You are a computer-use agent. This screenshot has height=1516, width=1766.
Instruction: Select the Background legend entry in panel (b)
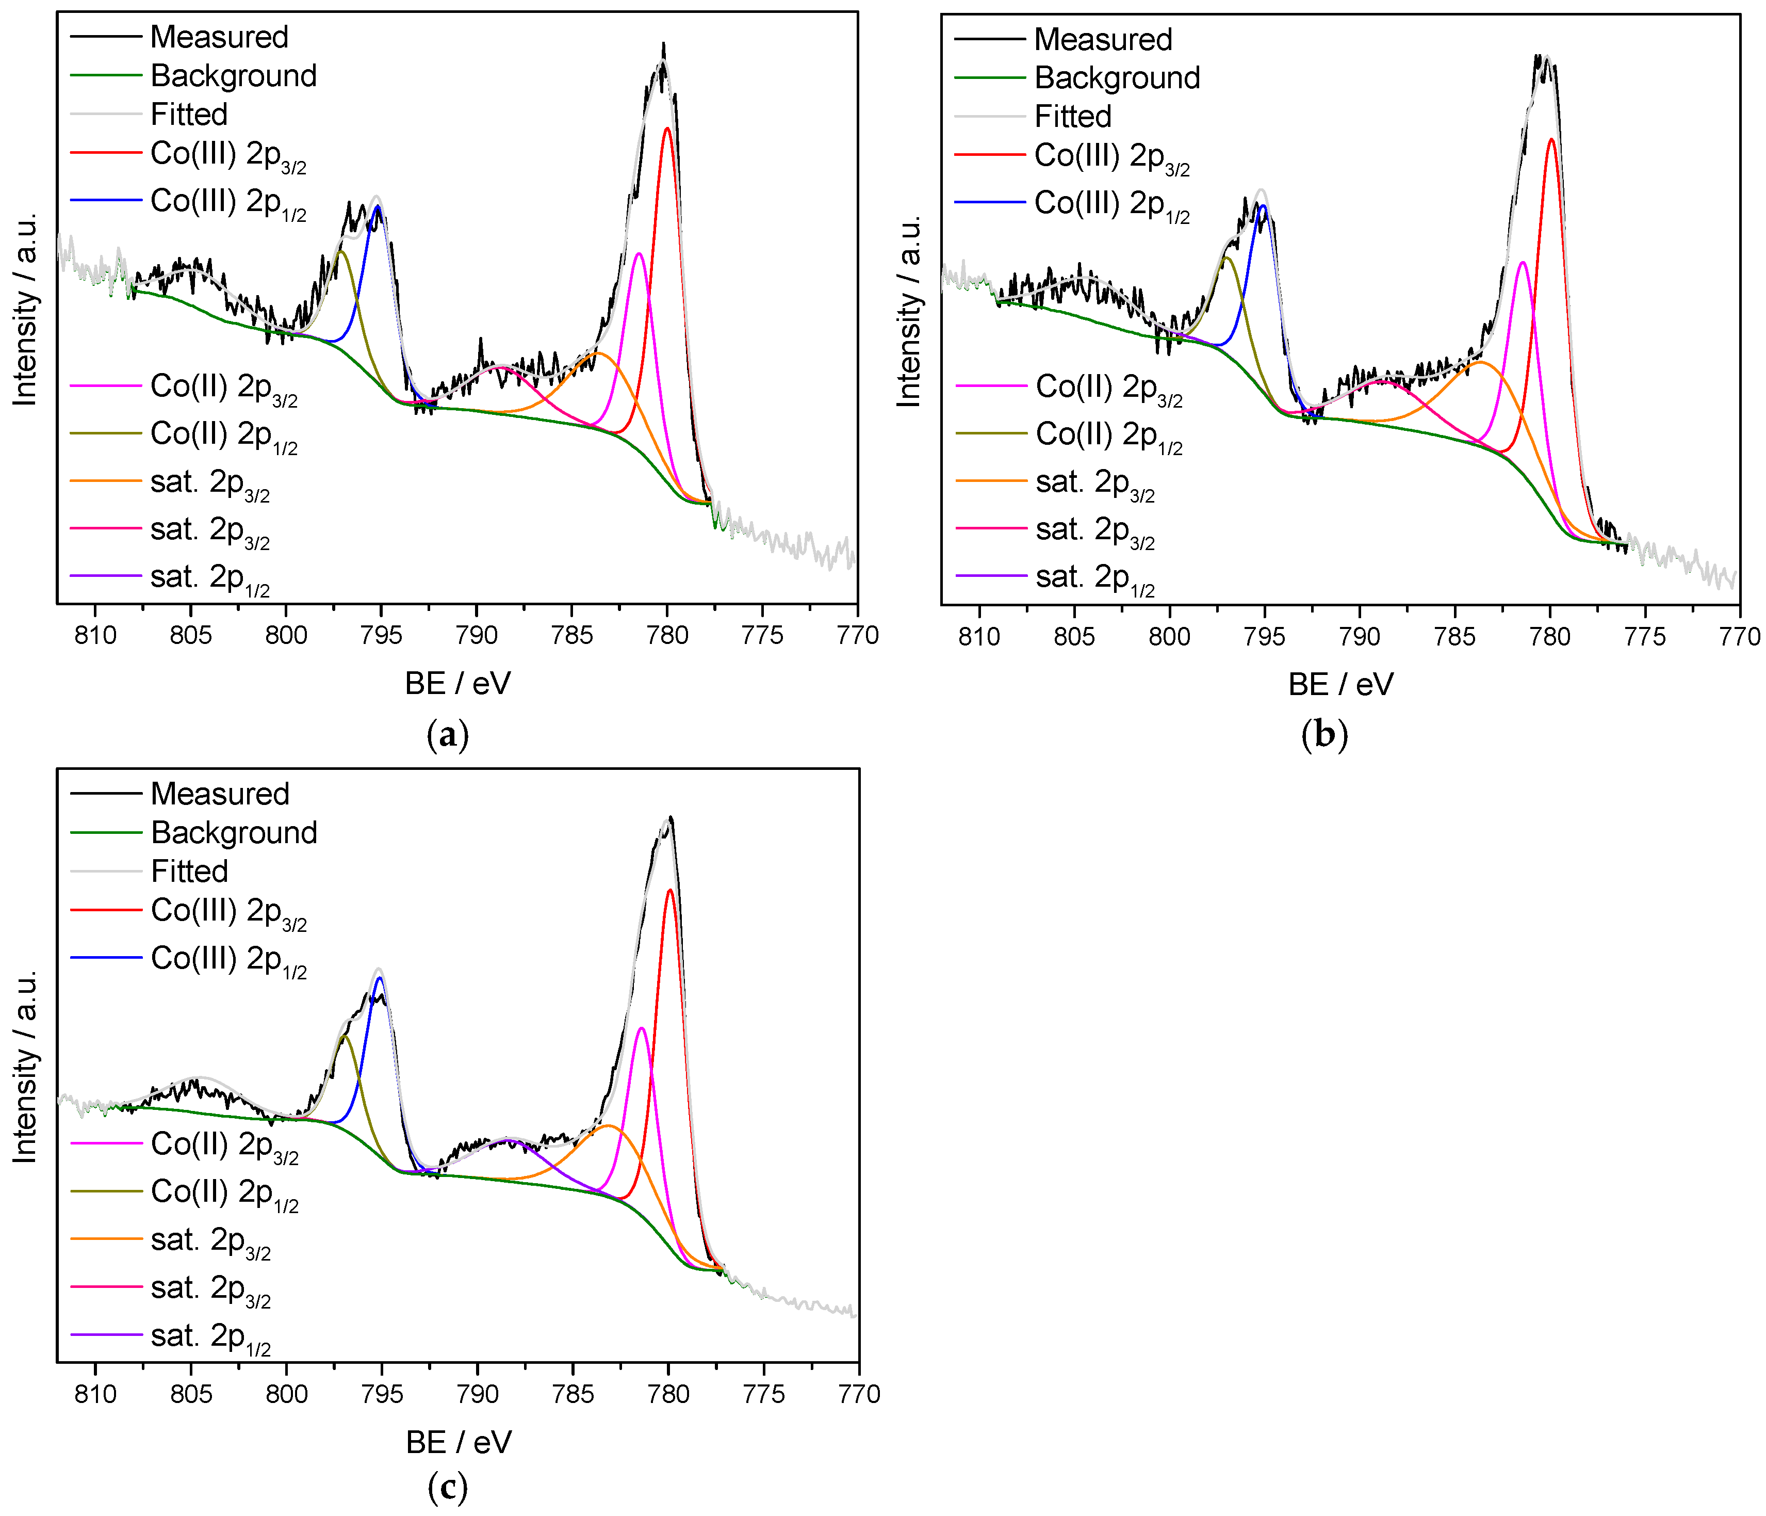[x=1117, y=77]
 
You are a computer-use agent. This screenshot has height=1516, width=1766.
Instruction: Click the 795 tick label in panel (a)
[x=381, y=635]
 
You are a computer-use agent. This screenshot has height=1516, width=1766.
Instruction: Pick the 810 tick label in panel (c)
[x=95, y=1394]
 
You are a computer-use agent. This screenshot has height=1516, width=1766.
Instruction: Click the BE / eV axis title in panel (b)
[x=1340, y=684]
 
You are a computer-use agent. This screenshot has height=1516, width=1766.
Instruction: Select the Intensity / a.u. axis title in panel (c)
[x=26, y=1066]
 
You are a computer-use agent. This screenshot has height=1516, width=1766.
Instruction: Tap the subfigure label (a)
[x=448, y=734]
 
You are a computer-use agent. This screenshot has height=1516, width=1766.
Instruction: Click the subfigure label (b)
[x=1324, y=734]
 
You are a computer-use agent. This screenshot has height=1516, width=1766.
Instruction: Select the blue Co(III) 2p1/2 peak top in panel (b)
[x=1263, y=205]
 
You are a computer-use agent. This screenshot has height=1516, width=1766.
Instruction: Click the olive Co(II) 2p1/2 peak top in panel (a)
[x=341, y=251]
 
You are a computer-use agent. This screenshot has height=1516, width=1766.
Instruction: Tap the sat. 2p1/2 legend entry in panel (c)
[x=210, y=1336]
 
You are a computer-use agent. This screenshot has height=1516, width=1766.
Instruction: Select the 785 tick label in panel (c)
[x=573, y=1394]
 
